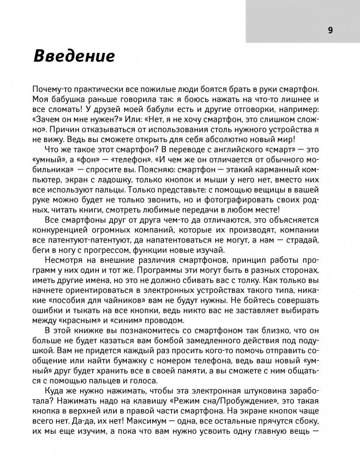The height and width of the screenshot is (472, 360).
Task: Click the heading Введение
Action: [x=74, y=57]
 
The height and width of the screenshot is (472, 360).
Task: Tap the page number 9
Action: [x=330, y=30]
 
